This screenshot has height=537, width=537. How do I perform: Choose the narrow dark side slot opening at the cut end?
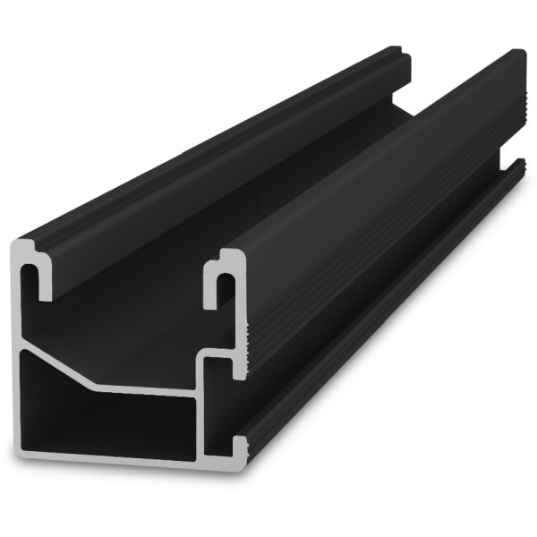(x=224, y=403)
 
